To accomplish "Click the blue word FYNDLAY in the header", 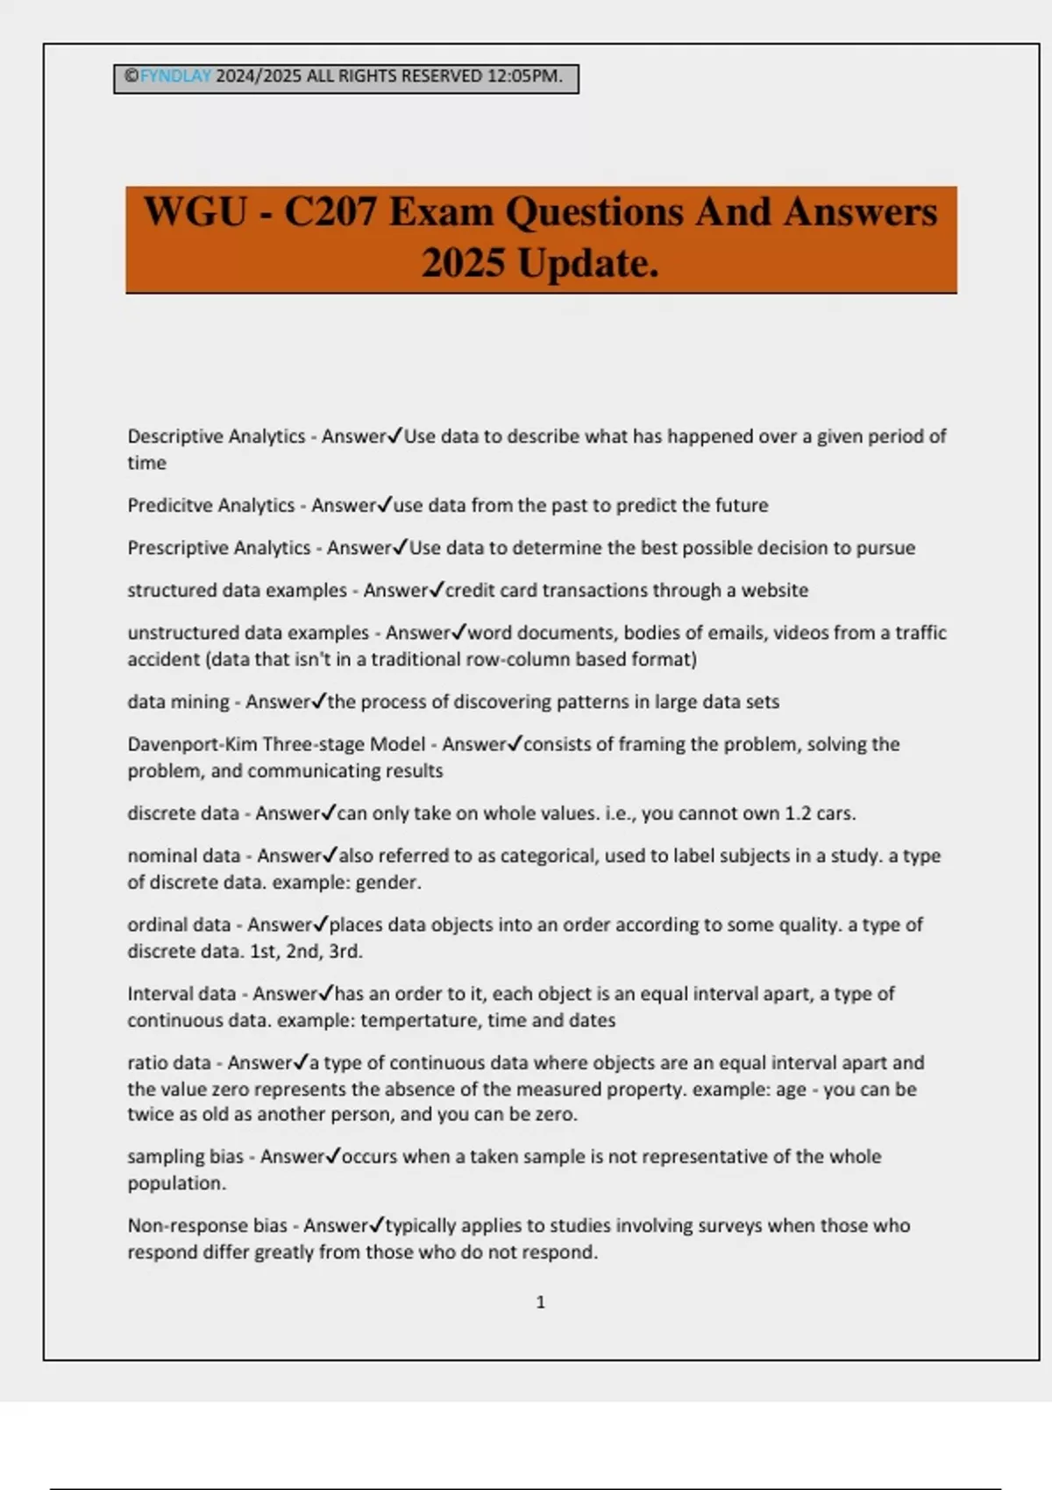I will [175, 76].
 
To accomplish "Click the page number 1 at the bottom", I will [540, 1302].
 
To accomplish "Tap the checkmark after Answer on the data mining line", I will [319, 701].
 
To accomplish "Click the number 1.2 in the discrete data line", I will [798, 813].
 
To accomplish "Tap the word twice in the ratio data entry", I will [150, 1115].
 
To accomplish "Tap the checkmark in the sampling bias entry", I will [332, 1157].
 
